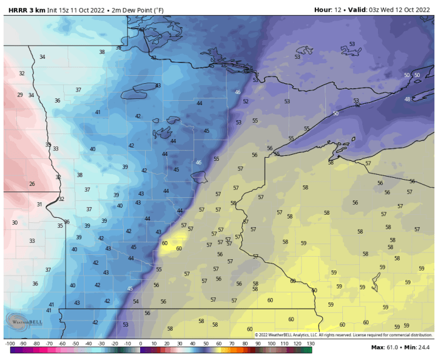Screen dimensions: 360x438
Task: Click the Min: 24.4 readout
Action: (x=419, y=347)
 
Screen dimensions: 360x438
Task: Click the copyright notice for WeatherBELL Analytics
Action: (x=343, y=335)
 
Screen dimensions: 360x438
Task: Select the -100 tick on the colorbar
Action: (x=9, y=344)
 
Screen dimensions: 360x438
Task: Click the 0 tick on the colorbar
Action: (x=140, y=344)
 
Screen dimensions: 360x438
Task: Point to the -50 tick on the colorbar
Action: (x=75, y=344)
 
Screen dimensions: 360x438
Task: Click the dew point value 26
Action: (x=32, y=184)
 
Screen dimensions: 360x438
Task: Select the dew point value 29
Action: (x=19, y=95)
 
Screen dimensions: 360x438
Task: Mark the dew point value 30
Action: (x=14, y=223)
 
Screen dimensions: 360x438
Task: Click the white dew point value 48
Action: (x=407, y=100)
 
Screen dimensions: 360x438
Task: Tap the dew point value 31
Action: (x=39, y=205)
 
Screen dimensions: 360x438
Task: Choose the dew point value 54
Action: (x=136, y=302)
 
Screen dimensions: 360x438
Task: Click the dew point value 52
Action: (x=246, y=101)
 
